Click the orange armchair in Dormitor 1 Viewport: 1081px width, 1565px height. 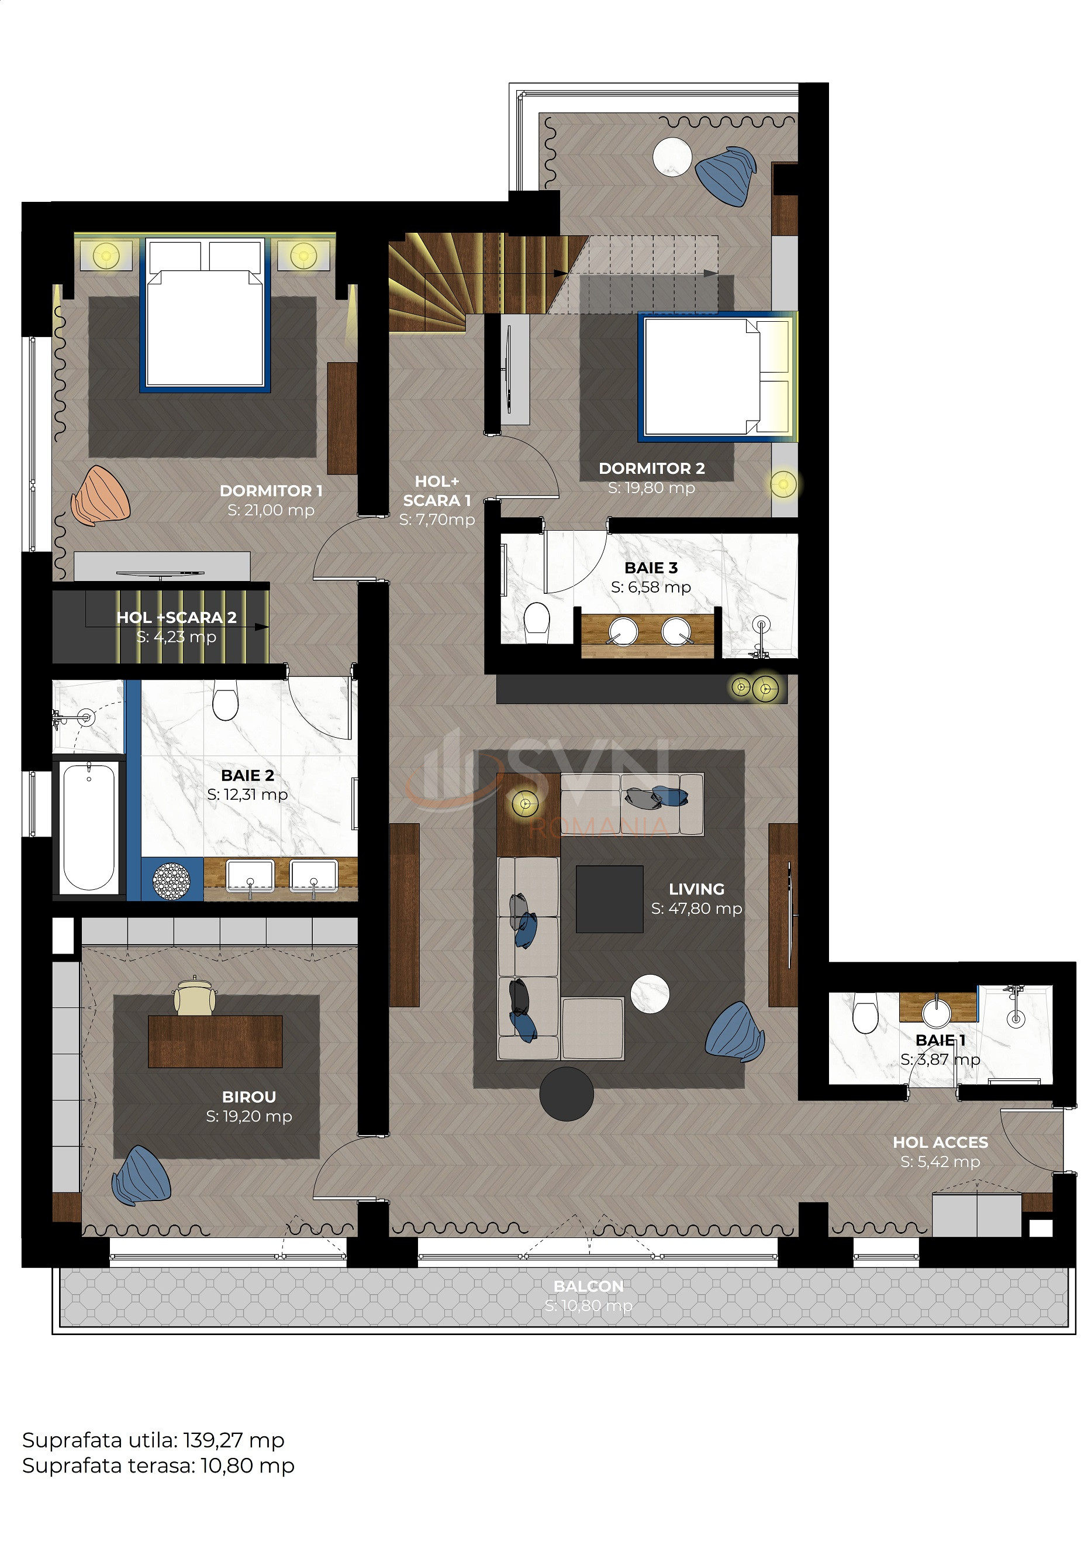coord(100,496)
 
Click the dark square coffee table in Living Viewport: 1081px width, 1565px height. coord(610,899)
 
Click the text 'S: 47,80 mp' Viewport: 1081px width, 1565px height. coord(696,908)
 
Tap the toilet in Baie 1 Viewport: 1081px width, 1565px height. coord(865,1012)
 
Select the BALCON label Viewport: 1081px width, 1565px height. coord(589,1286)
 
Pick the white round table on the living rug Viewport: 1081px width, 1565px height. coord(650,993)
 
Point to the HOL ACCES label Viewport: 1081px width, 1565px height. coord(940,1142)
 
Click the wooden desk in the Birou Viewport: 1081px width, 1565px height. coord(215,1041)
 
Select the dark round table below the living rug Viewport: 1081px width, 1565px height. coord(567,1094)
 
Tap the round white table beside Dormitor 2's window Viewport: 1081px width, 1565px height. coord(672,157)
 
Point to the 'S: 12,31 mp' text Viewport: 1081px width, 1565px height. coord(247,794)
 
